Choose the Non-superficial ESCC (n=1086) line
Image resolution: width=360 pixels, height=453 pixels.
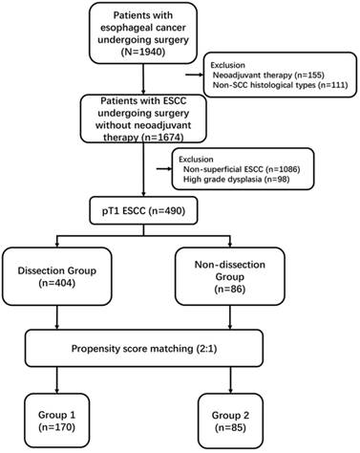point(237,167)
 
